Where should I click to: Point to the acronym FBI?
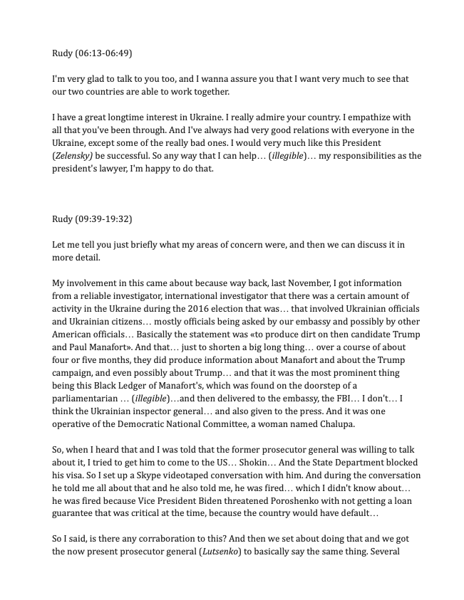(315, 399)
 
